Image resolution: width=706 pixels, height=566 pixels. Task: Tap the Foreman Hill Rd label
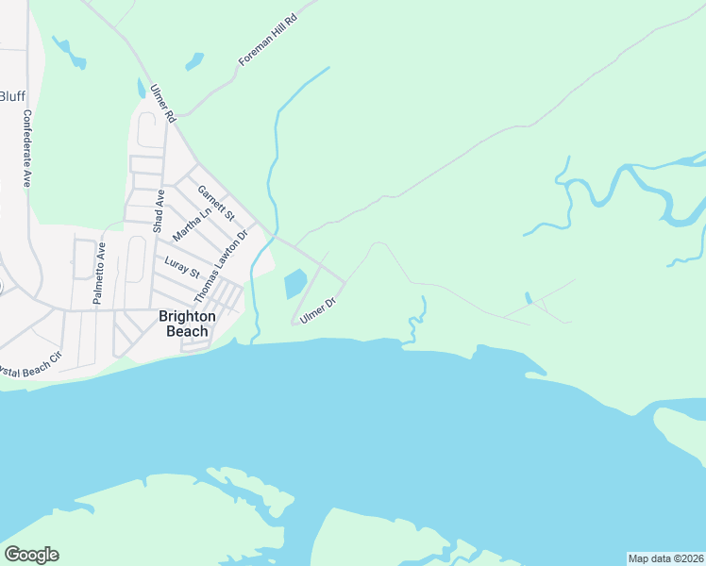pos(268,41)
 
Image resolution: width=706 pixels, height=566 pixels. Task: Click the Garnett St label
pos(215,202)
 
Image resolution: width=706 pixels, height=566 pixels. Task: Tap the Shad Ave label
pos(160,210)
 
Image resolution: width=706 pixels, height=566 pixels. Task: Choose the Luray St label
pos(182,268)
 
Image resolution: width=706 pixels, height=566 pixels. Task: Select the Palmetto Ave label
pos(97,273)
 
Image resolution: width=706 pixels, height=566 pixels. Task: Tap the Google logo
pos(31,555)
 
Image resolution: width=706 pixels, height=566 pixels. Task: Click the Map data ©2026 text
pos(665,558)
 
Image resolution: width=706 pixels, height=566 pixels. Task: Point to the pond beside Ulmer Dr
pos(294,282)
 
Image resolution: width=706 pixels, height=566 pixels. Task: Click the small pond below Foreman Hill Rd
pos(194,62)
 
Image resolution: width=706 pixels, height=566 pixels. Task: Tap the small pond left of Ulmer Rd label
pos(141,88)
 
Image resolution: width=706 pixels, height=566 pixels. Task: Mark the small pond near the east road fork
pos(529,299)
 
